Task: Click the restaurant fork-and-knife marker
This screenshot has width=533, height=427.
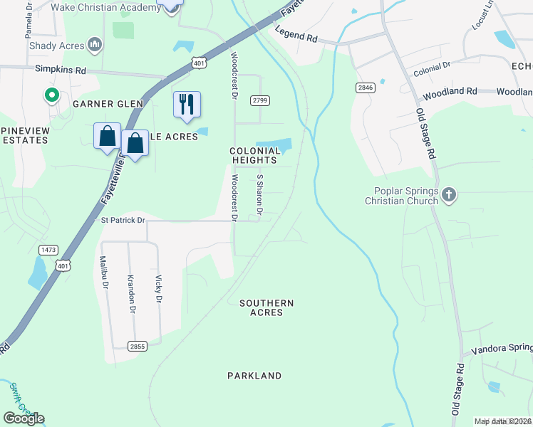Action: [187, 105]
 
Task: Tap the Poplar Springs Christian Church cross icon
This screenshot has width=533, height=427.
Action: [448, 194]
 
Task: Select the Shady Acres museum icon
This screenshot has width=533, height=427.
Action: [95, 46]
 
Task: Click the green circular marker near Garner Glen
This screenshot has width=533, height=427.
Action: [51, 95]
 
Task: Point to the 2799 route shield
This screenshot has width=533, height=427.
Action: [259, 101]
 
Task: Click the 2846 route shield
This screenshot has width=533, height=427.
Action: [366, 87]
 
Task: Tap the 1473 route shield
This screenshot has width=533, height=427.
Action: [48, 250]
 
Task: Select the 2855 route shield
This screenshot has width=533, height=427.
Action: [138, 346]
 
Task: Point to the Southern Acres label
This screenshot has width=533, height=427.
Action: [266, 308]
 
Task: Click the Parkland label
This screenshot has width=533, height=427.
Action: [254, 375]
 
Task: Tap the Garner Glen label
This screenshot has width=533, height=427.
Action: [108, 104]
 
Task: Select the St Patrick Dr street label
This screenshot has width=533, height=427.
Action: [122, 221]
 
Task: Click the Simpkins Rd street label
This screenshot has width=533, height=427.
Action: [61, 70]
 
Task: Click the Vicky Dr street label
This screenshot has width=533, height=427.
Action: [157, 288]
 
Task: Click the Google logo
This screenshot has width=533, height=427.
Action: [24, 418]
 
